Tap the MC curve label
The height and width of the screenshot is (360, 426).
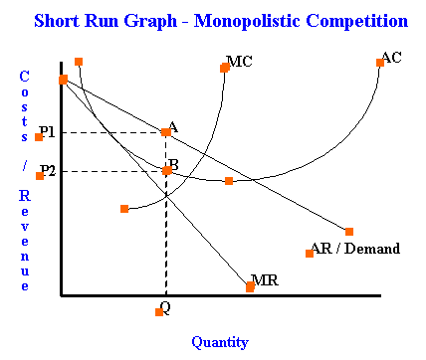point(240,62)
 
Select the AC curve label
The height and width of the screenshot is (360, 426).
point(391,58)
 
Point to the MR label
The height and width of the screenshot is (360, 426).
point(265,280)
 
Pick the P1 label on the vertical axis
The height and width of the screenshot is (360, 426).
point(48,131)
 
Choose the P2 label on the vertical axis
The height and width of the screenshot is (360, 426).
point(49,170)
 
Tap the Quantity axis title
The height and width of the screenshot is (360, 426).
point(219,342)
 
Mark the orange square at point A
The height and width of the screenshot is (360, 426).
point(165,132)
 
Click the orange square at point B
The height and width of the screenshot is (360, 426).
point(167,170)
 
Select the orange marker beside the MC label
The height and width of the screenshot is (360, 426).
point(225,68)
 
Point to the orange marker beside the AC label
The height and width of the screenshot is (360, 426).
point(380,63)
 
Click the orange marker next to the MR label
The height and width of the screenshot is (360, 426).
point(250,287)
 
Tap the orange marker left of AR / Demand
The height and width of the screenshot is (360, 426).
point(310,253)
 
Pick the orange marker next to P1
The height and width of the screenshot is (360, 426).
point(38,137)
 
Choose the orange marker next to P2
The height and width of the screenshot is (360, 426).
point(39,176)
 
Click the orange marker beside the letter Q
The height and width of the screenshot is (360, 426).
point(158,312)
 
